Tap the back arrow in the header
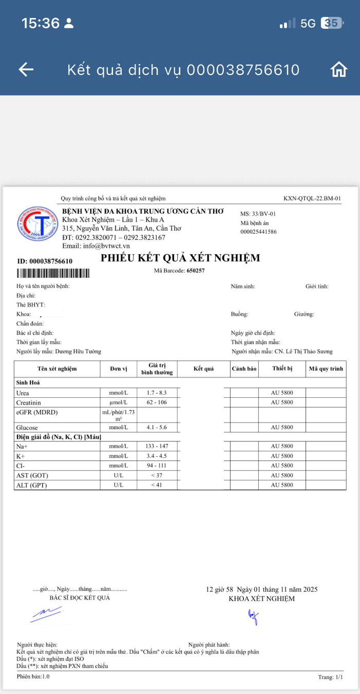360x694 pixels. (26, 69)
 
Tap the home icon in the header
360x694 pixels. (339, 69)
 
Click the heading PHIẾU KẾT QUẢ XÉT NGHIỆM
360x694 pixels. (180, 258)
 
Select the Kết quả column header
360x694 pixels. (203, 369)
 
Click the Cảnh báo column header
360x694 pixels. (244, 369)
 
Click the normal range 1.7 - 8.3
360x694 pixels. (157, 393)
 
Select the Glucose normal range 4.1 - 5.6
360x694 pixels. (157, 427)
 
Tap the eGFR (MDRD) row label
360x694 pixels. (37, 412)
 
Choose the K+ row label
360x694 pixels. (21, 456)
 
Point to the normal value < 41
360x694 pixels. (157, 485)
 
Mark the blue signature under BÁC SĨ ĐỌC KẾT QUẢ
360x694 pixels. (46, 614)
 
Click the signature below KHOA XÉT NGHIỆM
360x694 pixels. (253, 616)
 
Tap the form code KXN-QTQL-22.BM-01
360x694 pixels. (312, 198)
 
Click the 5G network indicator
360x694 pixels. (308, 23)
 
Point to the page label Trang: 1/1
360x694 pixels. (330, 677)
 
